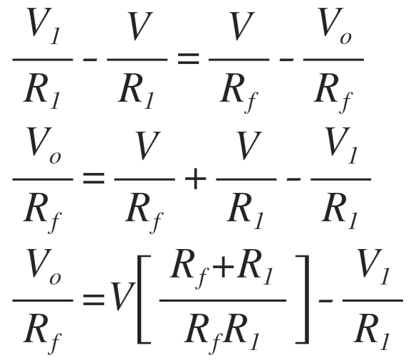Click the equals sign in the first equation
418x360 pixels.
click(188, 59)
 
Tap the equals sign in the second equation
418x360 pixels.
click(93, 179)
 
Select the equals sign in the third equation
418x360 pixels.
click(93, 300)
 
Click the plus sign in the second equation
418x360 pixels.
click(195, 179)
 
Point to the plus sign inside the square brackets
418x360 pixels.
click(224, 267)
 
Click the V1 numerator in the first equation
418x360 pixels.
click(44, 26)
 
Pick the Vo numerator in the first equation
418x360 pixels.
click(334, 26)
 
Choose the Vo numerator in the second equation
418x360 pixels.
click(44, 145)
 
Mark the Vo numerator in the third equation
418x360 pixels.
click(44, 267)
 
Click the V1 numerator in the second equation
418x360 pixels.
click(341, 145)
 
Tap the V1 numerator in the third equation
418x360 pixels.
click(373, 267)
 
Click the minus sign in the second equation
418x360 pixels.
click(294, 180)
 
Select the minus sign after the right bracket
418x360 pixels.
click(325, 301)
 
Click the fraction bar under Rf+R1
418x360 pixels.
click(223, 300)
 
